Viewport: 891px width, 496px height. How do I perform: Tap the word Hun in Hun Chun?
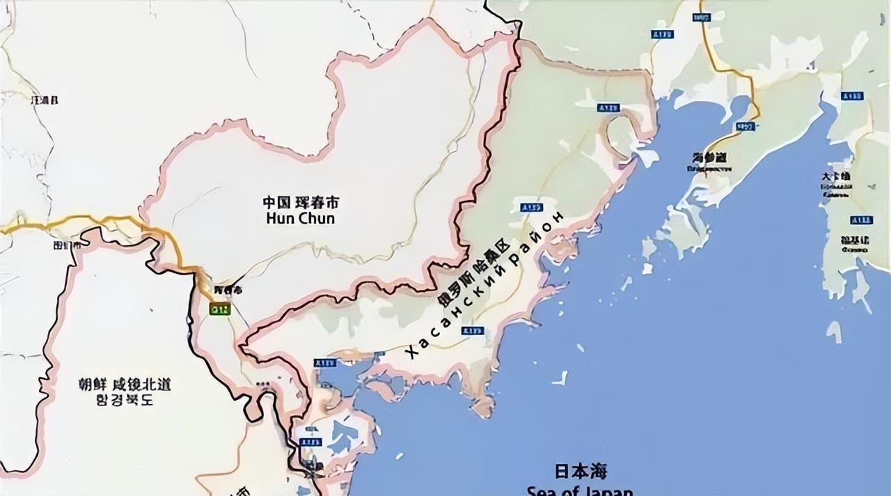click(280, 218)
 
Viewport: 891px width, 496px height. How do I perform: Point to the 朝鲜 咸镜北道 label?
click(125, 385)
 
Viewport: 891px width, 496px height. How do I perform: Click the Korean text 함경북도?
click(125, 401)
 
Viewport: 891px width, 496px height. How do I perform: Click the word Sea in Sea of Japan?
click(542, 489)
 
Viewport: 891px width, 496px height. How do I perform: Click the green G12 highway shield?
click(220, 308)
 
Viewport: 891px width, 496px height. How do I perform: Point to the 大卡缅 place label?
click(836, 178)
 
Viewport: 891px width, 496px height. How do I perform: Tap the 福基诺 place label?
click(854, 240)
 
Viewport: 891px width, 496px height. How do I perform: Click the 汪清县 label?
click(45, 100)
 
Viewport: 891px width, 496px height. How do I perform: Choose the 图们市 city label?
click(67, 245)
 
